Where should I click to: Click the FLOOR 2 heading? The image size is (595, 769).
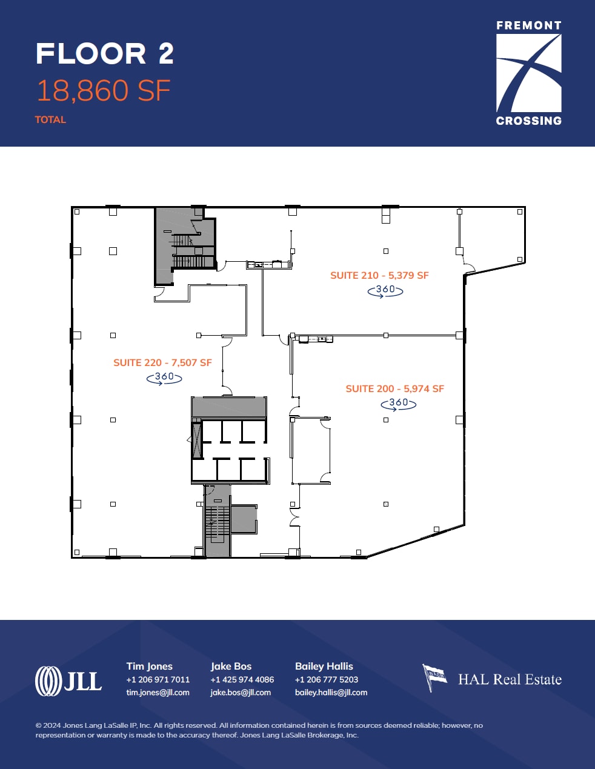(105, 54)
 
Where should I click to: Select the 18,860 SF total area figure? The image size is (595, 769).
(104, 91)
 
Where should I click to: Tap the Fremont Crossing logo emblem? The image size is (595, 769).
(528, 73)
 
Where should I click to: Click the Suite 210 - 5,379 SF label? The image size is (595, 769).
(379, 275)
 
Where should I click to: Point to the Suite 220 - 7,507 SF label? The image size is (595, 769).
(162, 362)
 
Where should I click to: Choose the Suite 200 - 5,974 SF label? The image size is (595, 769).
(394, 388)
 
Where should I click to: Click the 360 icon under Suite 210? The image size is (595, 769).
(385, 290)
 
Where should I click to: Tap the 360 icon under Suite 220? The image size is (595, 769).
(164, 378)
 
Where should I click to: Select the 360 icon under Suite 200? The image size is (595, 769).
(398, 404)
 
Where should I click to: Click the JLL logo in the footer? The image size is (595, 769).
(68, 681)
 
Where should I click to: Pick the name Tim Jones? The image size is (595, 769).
(149, 666)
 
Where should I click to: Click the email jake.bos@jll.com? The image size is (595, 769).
(241, 693)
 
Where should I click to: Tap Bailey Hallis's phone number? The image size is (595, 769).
(326, 679)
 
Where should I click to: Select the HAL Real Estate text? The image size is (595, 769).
(510, 679)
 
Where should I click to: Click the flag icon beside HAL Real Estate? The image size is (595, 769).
(434, 677)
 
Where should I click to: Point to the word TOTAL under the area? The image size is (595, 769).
(50, 119)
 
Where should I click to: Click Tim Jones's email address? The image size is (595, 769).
(158, 693)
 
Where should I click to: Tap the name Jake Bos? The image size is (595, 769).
(231, 666)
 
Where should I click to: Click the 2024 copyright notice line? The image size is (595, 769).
(259, 725)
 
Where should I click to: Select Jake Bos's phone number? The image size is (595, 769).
(242, 679)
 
